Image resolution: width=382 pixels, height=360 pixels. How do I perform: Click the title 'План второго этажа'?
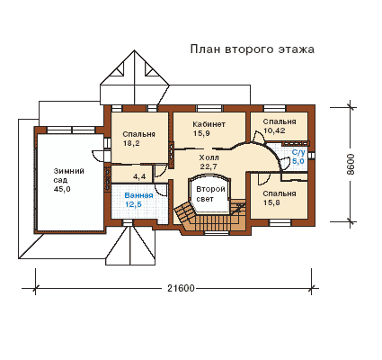(x=253, y=49)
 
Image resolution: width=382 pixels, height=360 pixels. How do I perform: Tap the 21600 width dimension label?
(x=181, y=288)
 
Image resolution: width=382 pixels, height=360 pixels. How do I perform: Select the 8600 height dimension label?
(x=351, y=165)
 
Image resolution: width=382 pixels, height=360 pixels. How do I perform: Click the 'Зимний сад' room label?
(x=69, y=175)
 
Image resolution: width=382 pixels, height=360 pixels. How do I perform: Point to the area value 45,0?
(x=62, y=189)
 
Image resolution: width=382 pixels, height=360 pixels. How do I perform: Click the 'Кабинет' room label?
(x=209, y=124)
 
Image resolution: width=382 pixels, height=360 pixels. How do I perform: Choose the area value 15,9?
(x=201, y=133)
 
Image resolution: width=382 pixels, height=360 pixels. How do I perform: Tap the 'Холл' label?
(x=209, y=157)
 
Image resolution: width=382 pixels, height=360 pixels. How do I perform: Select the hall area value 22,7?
(x=209, y=166)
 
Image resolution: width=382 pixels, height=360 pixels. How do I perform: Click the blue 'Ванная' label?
(x=138, y=195)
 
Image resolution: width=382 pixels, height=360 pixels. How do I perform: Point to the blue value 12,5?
(x=133, y=204)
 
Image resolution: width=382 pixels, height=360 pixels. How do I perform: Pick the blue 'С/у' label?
(x=298, y=152)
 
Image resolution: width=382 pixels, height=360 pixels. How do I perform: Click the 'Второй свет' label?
(x=210, y=194)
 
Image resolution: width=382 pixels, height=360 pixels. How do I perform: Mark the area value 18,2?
(x=131, y=143)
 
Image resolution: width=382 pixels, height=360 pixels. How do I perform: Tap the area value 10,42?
(x=274, y=130)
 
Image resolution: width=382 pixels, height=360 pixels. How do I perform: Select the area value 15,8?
(x=271, y=202)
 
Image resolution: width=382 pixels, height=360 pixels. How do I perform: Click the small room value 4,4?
(x=139, y=176)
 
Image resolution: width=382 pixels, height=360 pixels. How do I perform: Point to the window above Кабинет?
(x=209, y=108)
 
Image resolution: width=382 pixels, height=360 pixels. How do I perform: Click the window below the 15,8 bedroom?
(x=280, y=222)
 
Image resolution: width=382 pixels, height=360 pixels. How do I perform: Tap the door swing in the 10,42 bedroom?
(x=258, y=138)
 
